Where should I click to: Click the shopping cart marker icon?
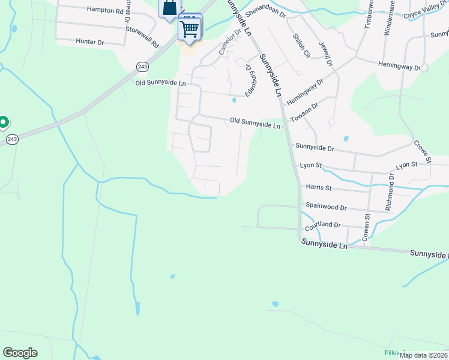click(x=190, y=28)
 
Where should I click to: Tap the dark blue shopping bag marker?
click(x=169, y=8)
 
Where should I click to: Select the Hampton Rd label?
click(x=104, y=10)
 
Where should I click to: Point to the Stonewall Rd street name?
click(x=146, y=38)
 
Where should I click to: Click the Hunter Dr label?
click(x=90, y=42)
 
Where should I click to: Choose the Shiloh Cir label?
click(x=301, y=46)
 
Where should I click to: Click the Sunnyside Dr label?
click(x=314, y=147)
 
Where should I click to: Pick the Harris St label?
click(x=318, y=188)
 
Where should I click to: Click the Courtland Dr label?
click(x=322, y=226)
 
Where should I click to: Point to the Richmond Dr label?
click(x=390, y=192)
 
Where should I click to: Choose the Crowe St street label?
click(x=422, y=152)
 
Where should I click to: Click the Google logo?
click(x=20, y=353)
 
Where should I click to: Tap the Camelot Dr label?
click(x=229, y=42)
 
